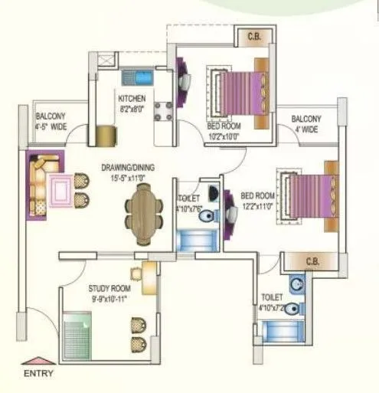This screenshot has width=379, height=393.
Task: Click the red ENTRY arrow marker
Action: click(34, 360)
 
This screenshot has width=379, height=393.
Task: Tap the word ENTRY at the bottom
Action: click(38, 374)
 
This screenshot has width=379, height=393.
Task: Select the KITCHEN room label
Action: click(132, 99)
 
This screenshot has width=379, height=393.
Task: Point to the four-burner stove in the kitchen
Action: click(163, 111)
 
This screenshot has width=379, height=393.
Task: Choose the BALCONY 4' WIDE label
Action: click(306, 123)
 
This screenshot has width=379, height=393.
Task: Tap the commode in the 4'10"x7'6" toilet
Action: click(205, 218)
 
